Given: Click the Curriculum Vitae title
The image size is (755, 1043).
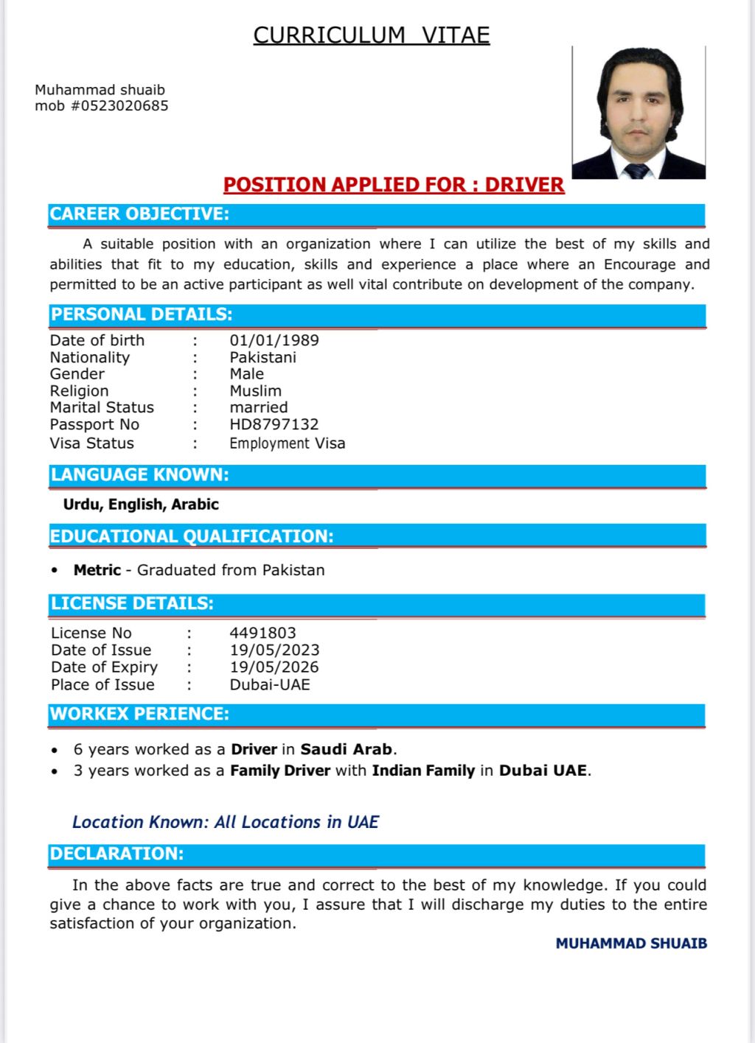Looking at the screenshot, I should (372, 35).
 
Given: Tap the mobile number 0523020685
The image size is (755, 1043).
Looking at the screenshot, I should (119, 106).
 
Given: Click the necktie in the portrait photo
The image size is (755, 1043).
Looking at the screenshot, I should (636, 172).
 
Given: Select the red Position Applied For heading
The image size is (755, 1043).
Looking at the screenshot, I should (394, 185).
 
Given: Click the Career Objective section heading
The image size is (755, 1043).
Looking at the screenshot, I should (139, 214).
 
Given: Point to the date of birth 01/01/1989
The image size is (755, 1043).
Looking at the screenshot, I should (274, 340).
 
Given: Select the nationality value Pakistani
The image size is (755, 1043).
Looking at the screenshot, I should (262, 357).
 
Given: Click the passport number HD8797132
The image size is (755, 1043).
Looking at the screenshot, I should (274, 424).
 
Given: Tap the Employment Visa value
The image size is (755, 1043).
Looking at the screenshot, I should (287, 443).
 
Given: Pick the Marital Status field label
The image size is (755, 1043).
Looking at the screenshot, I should (102, 407).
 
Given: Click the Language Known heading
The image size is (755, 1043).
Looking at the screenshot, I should (139, 475).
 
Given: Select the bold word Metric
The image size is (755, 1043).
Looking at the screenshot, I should (97, 570).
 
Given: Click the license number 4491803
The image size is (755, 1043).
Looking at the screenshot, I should (262, 633).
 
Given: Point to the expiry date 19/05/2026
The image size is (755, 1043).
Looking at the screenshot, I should (274, 667).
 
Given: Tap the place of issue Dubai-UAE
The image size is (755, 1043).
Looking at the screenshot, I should (270, 684).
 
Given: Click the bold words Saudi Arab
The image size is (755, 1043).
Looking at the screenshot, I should (346, 749).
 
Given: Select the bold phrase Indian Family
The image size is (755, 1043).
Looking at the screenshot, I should (423, 770).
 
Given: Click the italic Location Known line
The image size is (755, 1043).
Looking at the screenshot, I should (225, 822).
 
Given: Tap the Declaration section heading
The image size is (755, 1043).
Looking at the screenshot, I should (116, 854).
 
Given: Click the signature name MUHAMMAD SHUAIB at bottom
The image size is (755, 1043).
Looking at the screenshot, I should (631, 944).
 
